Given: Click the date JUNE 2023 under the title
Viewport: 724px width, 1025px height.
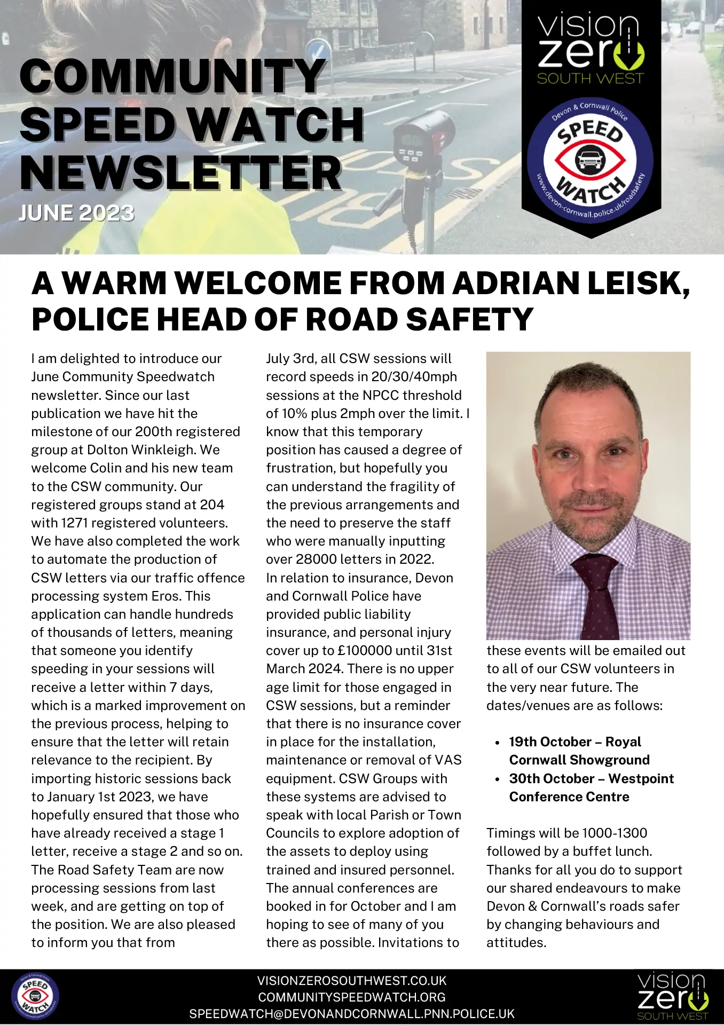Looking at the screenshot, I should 76,214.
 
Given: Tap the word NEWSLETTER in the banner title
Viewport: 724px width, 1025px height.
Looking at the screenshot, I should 180,174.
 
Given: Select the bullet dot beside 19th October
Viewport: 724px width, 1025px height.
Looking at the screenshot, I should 497,743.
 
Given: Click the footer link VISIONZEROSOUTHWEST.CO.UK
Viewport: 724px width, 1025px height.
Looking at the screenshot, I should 352,981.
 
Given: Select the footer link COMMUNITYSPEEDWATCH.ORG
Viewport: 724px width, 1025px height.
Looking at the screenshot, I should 352,997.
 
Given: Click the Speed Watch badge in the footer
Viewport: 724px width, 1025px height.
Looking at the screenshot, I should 35,997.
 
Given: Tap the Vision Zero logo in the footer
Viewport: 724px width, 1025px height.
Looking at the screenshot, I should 673,996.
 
